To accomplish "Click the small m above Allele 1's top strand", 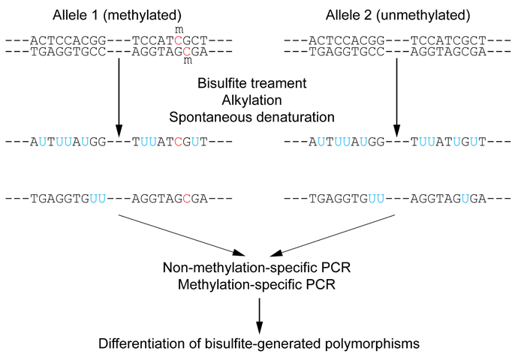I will pyautogui.click(x=179, y=29).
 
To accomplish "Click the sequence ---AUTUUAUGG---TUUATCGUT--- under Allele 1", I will pyautogui.click(x=119, y=142).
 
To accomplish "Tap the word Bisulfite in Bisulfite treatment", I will pyautogui.click(x=223, y=84).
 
